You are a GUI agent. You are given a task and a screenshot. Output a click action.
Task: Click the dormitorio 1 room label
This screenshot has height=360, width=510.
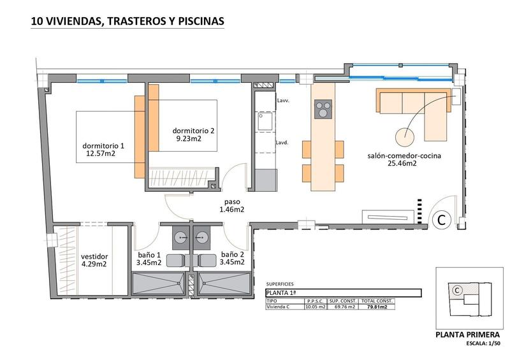coord(103,145)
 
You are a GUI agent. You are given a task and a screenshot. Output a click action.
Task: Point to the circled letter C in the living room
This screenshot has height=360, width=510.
coord(440,220)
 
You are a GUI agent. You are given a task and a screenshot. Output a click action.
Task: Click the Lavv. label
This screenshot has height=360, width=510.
coord(283,101)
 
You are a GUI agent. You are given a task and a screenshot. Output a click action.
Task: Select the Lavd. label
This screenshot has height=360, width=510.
coord(283,143)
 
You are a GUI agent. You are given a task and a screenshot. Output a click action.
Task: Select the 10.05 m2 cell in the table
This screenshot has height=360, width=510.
coord(316,307)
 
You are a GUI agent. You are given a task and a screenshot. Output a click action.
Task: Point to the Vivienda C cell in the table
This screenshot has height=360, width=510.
coord(281,307)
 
